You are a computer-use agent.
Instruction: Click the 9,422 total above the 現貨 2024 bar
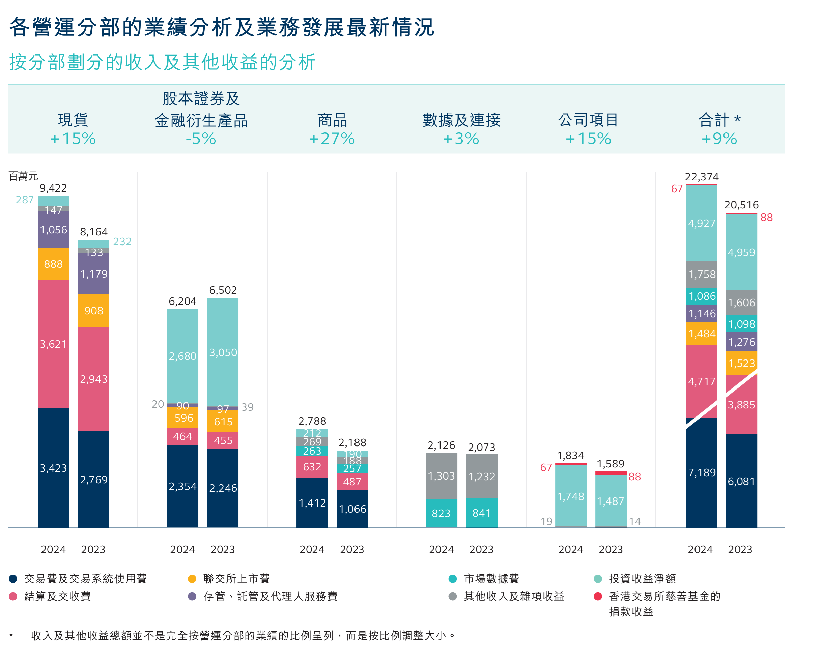tap(53, 188)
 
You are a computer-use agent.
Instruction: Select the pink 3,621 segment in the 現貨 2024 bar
tap(53, 344)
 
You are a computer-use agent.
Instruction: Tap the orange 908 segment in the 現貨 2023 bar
tap(93, 311)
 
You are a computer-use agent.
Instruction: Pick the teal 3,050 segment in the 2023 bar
tap(223, 352)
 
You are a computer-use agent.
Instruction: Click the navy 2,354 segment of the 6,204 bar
tap(182, 486)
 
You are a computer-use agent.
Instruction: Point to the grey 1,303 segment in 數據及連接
tap(441, 476)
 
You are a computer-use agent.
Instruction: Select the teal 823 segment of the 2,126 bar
tap(441, 513)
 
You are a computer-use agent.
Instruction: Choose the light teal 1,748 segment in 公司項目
tap(571, 496)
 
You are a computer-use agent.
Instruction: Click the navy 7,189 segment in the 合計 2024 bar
tap(701, 473)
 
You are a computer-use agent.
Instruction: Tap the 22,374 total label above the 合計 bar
tap(701, 177)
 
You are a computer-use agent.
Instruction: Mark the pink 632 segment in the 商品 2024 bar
tap(312, 467)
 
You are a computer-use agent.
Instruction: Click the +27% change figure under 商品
tap(332, 139)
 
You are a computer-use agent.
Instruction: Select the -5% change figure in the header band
tap(201, 139)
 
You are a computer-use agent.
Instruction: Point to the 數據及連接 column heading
tap(461, 120)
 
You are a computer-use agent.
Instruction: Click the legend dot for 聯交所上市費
tap(192, 579)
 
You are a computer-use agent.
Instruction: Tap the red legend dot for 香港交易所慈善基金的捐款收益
tap(598, 596)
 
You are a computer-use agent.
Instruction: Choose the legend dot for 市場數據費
tap(452, 579)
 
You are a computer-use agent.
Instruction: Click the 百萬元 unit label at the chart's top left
tap(23, 176)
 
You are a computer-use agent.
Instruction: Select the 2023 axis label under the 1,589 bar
tap(611, 549)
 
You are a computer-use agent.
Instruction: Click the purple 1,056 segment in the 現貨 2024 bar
tap(53, 230)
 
